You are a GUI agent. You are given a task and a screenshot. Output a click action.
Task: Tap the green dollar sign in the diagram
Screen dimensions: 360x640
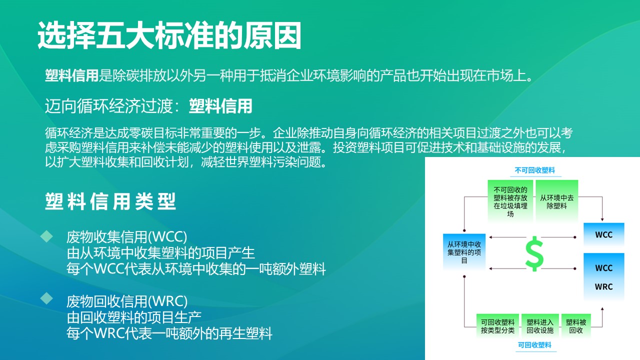click(x=534, y=254)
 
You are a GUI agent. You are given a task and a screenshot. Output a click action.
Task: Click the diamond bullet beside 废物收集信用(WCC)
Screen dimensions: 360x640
click(x=46, y=236)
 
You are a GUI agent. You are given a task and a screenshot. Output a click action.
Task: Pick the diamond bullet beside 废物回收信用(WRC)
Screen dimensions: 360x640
click(x=46, y=298)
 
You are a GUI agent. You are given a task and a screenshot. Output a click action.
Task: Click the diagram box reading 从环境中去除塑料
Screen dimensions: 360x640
click(x=556, y=201)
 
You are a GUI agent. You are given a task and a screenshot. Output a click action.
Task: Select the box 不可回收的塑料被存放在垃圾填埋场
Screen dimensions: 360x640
click(x=510, y=201)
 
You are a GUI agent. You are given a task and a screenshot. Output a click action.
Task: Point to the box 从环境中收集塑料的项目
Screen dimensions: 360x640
click(x=464, y=252)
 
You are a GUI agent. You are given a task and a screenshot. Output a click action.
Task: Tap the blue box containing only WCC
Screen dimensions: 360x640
click(x=603, y=234)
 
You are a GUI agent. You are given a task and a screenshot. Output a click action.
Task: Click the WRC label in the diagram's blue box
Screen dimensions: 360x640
click(x=603, y=287)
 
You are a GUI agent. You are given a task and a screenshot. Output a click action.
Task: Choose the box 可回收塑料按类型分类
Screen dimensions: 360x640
click(x=497, y=326)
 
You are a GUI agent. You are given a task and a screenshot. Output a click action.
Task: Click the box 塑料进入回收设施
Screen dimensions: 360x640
click(x=540, y=326)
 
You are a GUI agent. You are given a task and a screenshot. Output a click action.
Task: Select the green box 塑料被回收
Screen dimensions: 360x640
click(x=576, y=326)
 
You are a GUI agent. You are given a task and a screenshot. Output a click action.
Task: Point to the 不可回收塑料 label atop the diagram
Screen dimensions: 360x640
click(x=534, y=170)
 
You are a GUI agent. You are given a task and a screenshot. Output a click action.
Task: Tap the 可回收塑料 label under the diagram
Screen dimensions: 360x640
click(x=534, y=345)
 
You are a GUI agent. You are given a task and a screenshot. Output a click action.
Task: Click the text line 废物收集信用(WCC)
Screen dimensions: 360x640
click(x=126, y=236)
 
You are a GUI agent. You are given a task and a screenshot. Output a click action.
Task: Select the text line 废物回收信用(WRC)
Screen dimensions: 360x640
click(x=127, y=301)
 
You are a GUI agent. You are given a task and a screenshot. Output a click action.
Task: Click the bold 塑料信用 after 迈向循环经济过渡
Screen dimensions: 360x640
click(x=220, y=106)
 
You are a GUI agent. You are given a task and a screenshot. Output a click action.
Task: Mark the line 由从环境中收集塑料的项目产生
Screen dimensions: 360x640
click(x=160, y=252)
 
